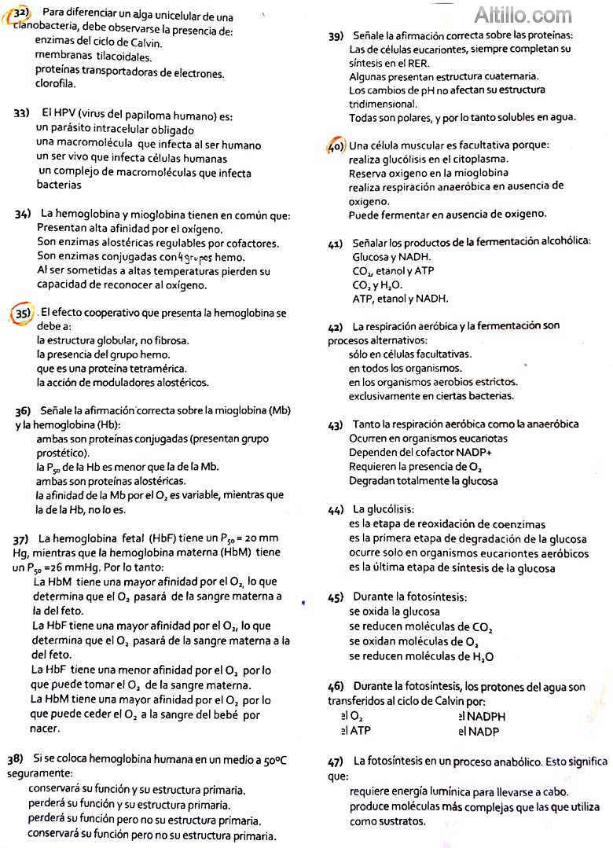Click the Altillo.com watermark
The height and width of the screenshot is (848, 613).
tap(523, 15)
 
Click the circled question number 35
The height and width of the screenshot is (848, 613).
tap(23, 314)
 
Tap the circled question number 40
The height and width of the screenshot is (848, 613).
tap(336, 146)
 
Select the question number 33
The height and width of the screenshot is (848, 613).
tap(21, 113)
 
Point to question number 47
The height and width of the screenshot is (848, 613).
tap(336, 762)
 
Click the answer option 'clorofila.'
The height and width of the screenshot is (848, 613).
tap(56, 84)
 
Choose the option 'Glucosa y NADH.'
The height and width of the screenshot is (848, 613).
tap(391, 257)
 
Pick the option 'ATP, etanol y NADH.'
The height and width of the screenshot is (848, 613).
tap(400, 299)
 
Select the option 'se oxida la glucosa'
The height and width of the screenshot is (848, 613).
tap(395, 611)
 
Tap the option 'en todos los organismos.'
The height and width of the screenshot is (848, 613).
tap(406, 368)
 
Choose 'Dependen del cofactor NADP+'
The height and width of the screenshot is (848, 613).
tap(420, 453)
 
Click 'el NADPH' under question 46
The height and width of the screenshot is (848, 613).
tap(482, 717)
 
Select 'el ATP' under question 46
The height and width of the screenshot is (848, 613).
tap(356, 731)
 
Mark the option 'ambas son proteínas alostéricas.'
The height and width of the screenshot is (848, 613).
tap(111, 481)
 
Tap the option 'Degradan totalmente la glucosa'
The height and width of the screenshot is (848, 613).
tap(424, 481)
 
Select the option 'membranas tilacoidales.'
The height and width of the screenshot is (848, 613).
tap(94, 57)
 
